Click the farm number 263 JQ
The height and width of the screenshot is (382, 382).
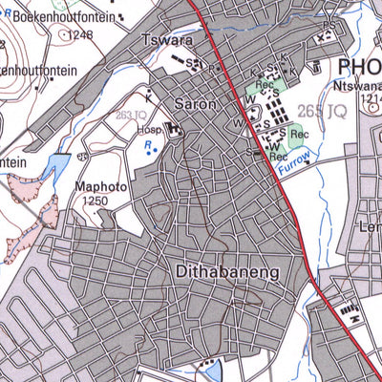point(131,115)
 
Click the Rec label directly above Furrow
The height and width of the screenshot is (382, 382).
point(279,156)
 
